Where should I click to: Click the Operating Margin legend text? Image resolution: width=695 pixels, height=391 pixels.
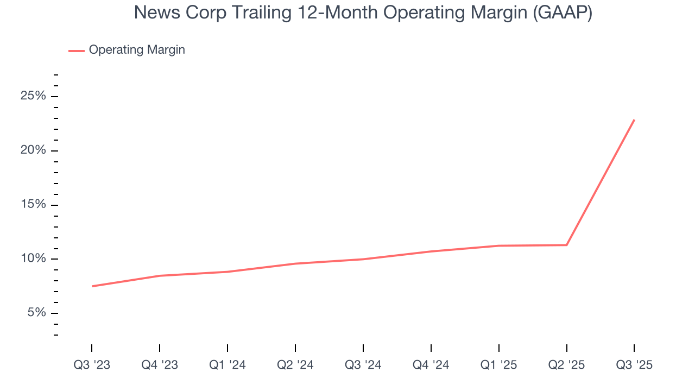click(137, 50)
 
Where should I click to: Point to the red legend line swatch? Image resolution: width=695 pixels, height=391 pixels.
click(76, 51)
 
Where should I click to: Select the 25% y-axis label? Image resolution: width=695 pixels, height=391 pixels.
click(33, 96)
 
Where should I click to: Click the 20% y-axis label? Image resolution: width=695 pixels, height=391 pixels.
click(33, 150)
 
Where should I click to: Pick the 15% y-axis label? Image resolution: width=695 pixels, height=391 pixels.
click(33, 205)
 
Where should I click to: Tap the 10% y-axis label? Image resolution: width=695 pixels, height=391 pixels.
click(33, 259)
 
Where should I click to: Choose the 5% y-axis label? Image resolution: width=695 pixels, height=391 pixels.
click(36, 313)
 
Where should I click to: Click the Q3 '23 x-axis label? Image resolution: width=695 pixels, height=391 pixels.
click(92, 365)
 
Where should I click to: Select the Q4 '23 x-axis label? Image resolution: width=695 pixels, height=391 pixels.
click(160, 365)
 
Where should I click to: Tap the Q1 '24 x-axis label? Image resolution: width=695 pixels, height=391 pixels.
click(228, 365)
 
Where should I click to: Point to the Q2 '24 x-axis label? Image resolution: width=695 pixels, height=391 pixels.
click(295, 365)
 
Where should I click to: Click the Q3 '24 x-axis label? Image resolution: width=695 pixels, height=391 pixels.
click(363, 365)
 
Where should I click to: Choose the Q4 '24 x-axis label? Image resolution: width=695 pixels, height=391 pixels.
click(431, 365)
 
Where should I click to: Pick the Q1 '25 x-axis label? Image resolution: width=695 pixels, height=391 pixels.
click(499, 365)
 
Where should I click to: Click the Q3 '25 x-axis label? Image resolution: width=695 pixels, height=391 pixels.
click(634, 365)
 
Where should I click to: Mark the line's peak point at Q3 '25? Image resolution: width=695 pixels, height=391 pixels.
click(634, 120)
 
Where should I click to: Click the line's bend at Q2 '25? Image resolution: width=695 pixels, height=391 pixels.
click(567, 245)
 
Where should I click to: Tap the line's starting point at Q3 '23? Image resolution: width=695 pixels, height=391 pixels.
click(92, 286)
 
